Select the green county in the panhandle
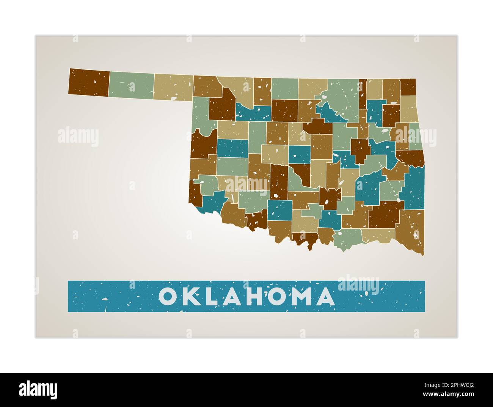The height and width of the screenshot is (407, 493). (131, 85)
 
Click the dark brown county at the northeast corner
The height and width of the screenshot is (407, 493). (408, 87)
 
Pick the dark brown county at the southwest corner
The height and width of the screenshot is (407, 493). (195, 194)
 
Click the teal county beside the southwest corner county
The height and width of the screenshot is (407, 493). (213, 201)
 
